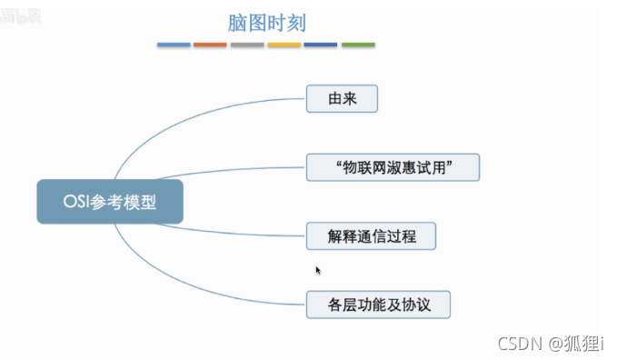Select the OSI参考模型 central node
(x=110, y=202)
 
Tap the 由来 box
(x=341, y=98)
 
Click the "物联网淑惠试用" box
(x=393, y=167)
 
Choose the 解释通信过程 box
(x=370, y=235)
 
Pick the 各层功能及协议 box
(x=377, y=303)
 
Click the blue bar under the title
(x=174, y=45)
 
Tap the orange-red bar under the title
(x=210, y=45)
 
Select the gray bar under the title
(x=247, y=45)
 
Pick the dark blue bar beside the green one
(x=321, y=45)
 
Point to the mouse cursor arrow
(x=318, y=270)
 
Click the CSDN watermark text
(x=519, y=343)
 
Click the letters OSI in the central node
(x=76, y=202)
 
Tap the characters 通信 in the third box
(x=370, y=235)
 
